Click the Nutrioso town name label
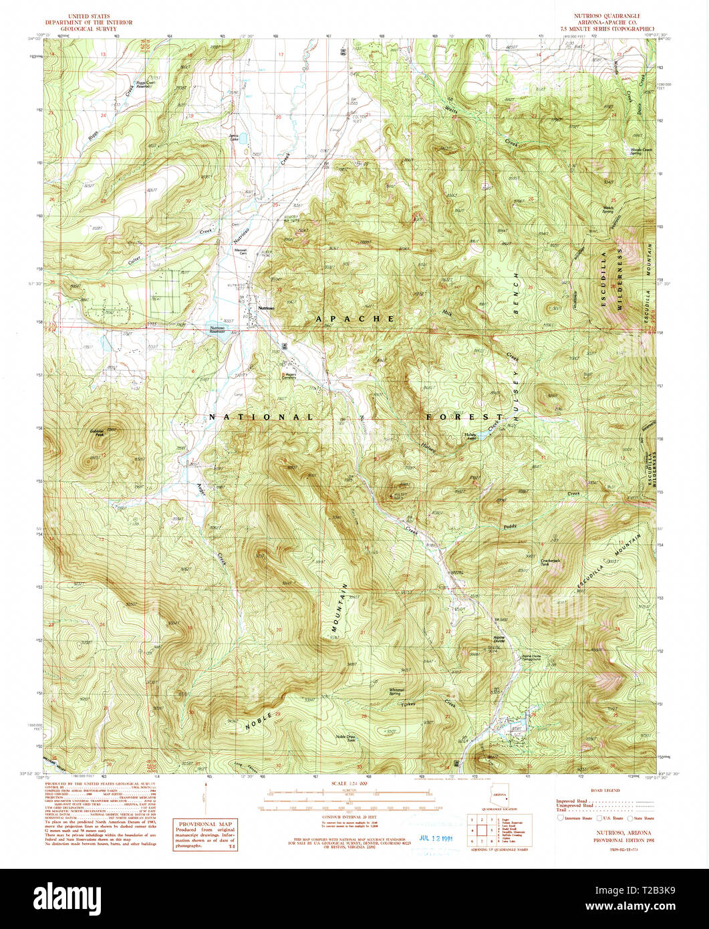tap(267, 307)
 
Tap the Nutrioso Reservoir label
tap(218, 329)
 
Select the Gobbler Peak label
tap(98, 432)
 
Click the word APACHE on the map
tap(355, 319)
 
